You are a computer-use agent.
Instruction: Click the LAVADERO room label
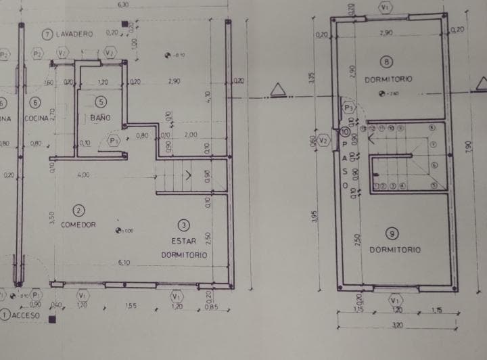pos(75,34)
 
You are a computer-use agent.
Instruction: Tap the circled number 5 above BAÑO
pos(101,102)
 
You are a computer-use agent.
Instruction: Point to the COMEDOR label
pos(78,224)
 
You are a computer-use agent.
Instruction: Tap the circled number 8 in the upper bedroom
pos(386,62)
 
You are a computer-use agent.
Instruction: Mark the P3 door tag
pos(349,108)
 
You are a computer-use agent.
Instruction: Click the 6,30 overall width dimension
pos(122,4)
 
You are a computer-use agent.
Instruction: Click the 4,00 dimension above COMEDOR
pos(83,175)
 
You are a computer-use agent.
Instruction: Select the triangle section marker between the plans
pos(276,90)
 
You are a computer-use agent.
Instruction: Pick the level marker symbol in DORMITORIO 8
pos(381,94)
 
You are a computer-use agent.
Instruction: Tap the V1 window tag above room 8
pos(386,7)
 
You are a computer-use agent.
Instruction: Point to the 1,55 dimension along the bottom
pos(131,306)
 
